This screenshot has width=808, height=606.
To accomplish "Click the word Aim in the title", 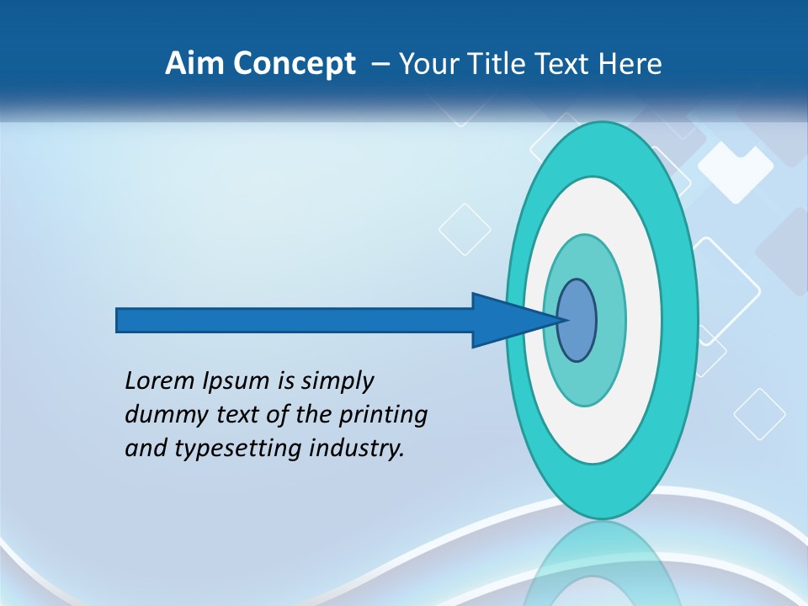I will coord(189,64).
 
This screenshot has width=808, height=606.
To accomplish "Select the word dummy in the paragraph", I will coord(160,415).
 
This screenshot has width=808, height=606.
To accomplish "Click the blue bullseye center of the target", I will coord(577,320).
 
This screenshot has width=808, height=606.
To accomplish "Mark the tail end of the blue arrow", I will coord(119,320).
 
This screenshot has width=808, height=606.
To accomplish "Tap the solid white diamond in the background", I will coord(735,172).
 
